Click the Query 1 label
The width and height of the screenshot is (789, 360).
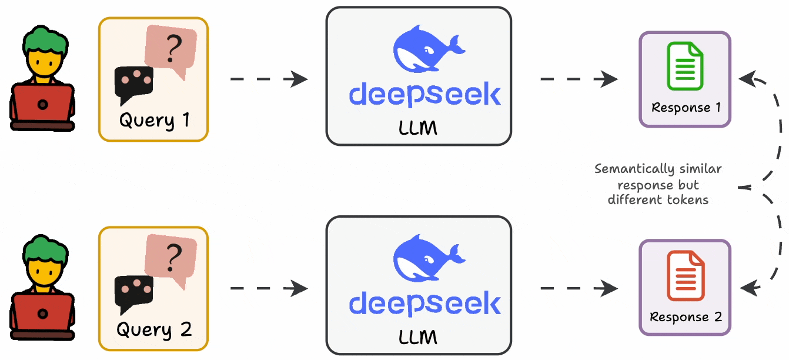tap(154, 121)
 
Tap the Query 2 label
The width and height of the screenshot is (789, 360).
tap(154, 329)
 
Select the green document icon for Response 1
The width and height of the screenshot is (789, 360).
tap(684, 69)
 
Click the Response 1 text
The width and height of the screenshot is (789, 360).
tap(686, 108)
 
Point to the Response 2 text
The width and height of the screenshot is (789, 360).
tap(686, 317)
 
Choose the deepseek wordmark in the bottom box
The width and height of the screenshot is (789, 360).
tap(424, 304)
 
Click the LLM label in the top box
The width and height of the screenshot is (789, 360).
tap(418, 128)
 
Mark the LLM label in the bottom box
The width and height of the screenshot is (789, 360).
tap(418, 337)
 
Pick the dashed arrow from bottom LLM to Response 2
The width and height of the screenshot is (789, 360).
tap(579, 288)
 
